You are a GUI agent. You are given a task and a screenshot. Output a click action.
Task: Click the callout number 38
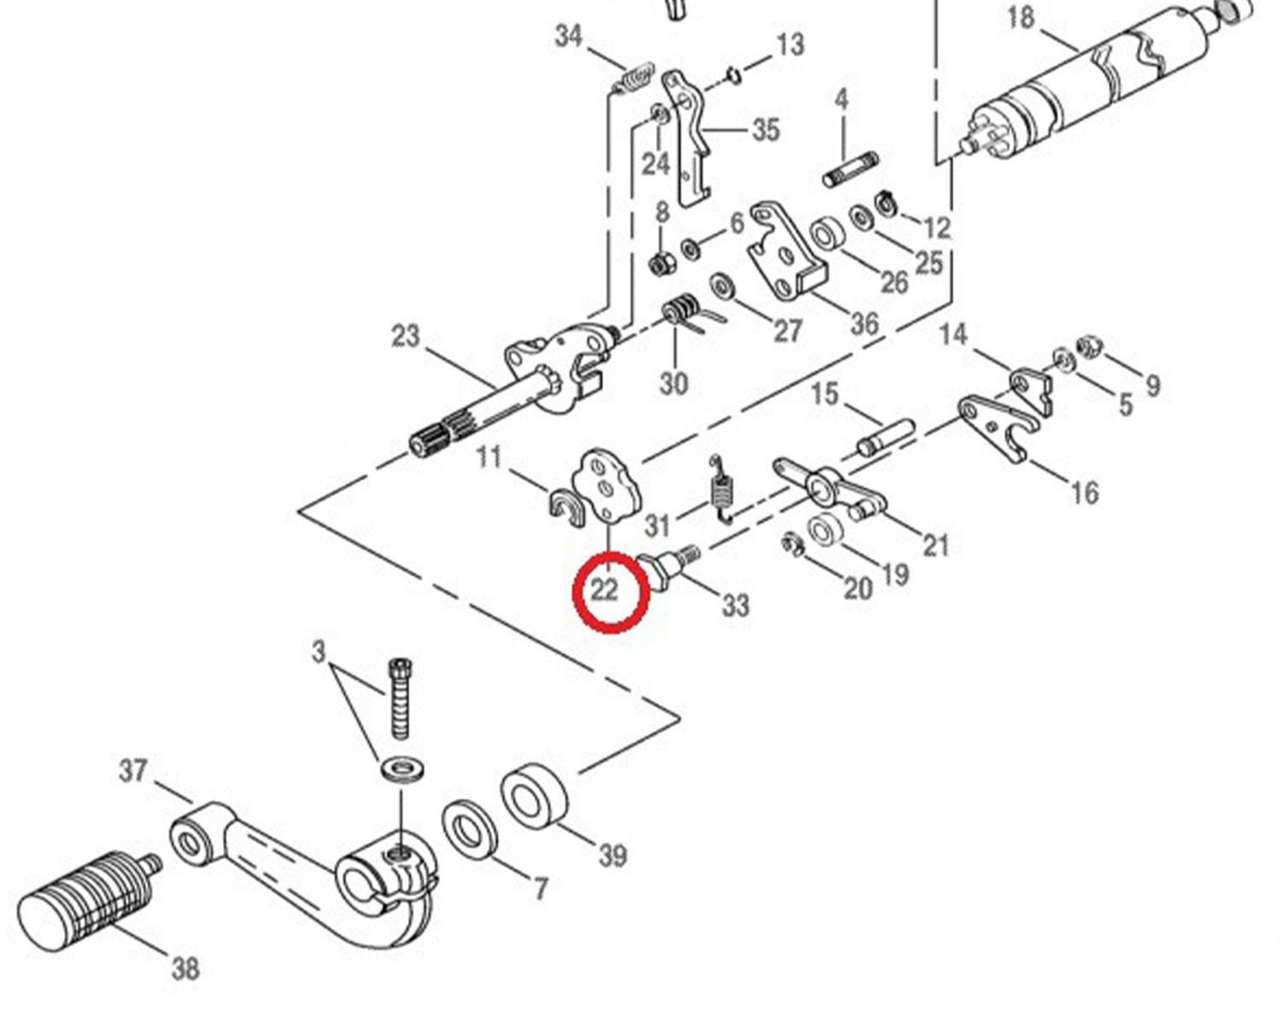(x=185, y=969)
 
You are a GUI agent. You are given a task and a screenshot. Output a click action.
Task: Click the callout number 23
(x=405, y=336)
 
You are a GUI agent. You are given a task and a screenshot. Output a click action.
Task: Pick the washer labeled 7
(x=469, y=828)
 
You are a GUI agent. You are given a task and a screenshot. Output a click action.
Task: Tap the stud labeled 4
(x=850, y=169)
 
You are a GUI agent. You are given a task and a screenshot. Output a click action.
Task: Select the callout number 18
(x=1020, y=17)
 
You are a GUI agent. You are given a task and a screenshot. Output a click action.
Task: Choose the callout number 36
(x=864, y=324)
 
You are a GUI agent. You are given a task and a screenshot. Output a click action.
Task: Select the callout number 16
(x=1084, y=492)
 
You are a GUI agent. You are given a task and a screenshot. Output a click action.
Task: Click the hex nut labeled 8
(x=660, y=264)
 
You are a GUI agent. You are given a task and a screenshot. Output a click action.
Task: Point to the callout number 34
(x=568, y=36)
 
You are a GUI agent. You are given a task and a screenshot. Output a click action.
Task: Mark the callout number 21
(x=936, y=545)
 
